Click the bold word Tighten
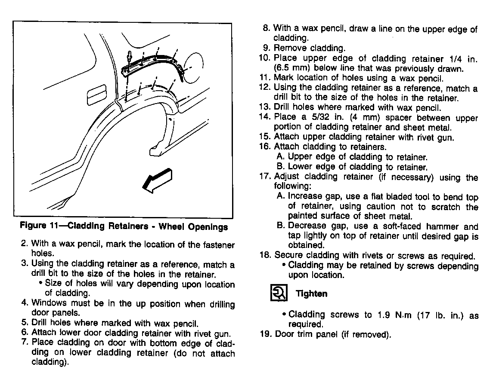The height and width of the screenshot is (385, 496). point(311,294)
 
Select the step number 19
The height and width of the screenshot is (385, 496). point(265,334)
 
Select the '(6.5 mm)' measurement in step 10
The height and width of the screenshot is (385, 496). point(290,68)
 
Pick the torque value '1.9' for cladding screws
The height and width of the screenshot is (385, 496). point(381,315)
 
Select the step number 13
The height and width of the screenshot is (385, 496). point(264,108)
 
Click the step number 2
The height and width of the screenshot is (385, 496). point(25,245)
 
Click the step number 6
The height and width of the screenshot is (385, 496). point(25,333)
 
